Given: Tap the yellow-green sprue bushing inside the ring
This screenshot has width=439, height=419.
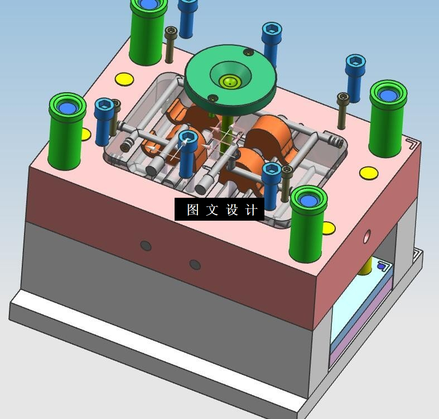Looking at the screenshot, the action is [230, 82].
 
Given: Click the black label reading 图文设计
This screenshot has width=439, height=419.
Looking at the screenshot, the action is [220, 209].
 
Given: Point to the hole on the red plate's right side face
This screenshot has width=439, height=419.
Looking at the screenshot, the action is [367, 236].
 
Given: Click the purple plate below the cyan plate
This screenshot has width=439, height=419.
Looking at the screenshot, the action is [361, 336].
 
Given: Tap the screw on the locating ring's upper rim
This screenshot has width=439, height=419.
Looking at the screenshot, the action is [248, 52].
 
